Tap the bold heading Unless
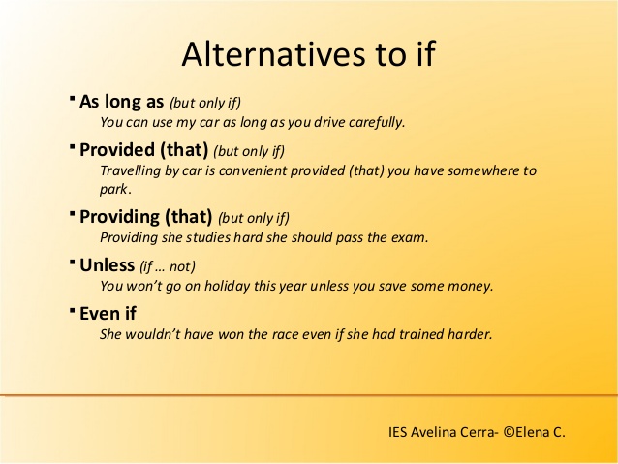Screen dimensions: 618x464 click(x=108, y=264)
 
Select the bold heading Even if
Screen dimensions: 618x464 click(x=108, y=314)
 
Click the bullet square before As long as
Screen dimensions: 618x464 click(x=72, y=98)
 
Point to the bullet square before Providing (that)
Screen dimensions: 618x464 click(x=72, y=213)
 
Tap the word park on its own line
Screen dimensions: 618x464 click(x=113, y=190)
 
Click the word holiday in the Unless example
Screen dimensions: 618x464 click(x=227, y=286)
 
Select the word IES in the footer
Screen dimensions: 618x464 click(x=398, y=432)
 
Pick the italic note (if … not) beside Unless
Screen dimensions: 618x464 click(x=168, y=267)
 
